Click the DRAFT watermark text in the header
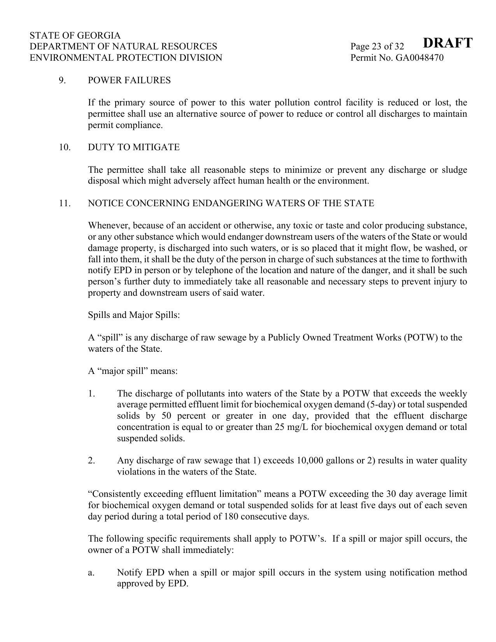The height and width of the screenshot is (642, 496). point(447,43)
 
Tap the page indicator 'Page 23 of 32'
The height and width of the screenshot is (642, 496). point(377,47)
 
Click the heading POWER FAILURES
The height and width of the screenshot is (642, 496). point(129,81)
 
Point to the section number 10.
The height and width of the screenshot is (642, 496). point(65,147)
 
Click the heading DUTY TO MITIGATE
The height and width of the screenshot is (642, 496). point(134,147)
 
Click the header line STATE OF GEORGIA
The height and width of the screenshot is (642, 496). point(75,35)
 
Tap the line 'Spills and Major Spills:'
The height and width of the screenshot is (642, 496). point(134,315)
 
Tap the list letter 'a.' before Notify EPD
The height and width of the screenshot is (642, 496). point(91,573)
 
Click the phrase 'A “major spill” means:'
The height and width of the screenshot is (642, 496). point(133,371)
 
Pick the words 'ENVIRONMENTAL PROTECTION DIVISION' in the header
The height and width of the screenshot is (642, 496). point(126,58)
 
